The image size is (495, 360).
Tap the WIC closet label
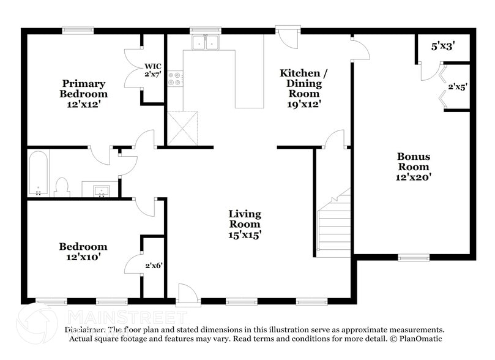point(153,70)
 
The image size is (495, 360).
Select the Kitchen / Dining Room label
point(303,88)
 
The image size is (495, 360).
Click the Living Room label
point(245,223)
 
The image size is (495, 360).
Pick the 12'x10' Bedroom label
point(83,252)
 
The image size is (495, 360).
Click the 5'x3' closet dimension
point(443,45)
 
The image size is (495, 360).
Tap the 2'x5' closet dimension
point(457,87)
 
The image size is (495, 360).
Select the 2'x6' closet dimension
point(154,265)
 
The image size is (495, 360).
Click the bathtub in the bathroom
point(38,174)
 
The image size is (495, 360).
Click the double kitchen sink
point(206,42)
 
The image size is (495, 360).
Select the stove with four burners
point(175,78)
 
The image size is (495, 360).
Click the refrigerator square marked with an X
point(183,127)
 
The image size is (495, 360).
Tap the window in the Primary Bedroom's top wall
point(78,29)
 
